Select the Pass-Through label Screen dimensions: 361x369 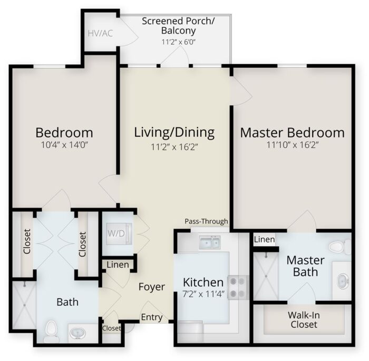pos(206,221)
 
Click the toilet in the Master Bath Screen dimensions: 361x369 pos(339,247)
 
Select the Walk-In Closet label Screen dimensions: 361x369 pos(303,320)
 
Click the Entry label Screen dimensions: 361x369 pos(151,317)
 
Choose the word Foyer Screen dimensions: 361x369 pos(152,287)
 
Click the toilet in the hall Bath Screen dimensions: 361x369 pos(51,329)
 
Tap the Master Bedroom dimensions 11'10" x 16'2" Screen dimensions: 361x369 pos(292,147)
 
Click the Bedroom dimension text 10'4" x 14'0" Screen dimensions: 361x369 pos(64,147)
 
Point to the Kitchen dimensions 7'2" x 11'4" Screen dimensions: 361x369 pos(203,294)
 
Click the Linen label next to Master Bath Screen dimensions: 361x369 pos(264,240)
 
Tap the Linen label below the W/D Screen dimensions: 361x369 pos(118,265)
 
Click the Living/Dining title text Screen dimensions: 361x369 pos(174,132)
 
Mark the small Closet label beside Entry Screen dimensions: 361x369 pos(111,328)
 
